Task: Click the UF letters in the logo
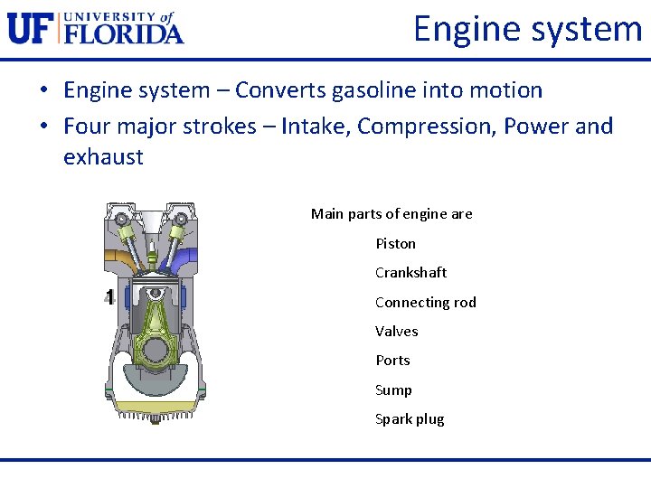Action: pos(30,27)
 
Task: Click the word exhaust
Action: pos(103,156)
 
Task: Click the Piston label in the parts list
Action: pos(395,243)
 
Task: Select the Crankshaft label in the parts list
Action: pos(410,273)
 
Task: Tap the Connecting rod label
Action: pos(425,302)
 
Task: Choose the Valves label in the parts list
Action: pos(396,332)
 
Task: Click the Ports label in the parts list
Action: pos(392,361)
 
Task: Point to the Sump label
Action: pos(393,389)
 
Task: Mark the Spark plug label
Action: pos(410,419)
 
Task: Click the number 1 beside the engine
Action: pos(109,296)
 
